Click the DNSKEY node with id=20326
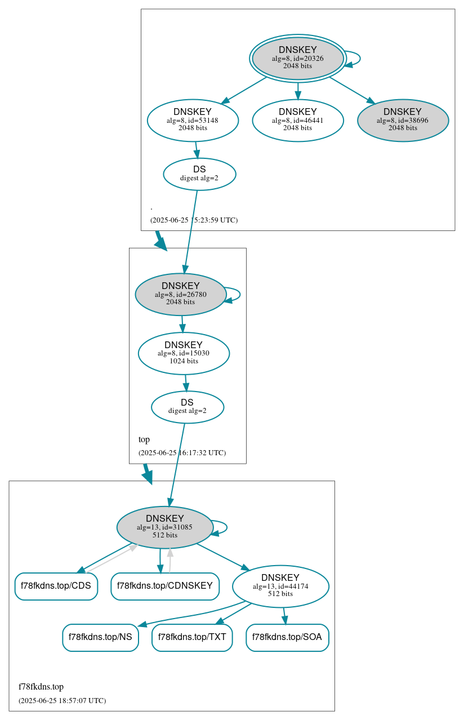(297, 58)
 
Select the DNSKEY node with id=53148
(193, 120)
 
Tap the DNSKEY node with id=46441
(297, 120)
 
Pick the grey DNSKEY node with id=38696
(403, 120)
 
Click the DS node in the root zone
(199, 174)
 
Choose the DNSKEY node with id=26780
(180, 294)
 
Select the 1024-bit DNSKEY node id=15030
(184, 353)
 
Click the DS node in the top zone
(188, 407)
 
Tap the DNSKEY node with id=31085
(164, 527)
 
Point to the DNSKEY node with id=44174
(280, 586)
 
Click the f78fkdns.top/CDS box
(56, 586)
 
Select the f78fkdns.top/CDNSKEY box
(165, 586)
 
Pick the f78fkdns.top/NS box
(100, 637)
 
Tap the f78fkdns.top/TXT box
(192, 637)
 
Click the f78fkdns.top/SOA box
(287, 637)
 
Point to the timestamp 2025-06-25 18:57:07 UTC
(62, 701)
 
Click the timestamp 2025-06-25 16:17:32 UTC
(182, 452)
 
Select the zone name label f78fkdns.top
(41, 687)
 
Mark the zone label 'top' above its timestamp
(144, 439)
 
